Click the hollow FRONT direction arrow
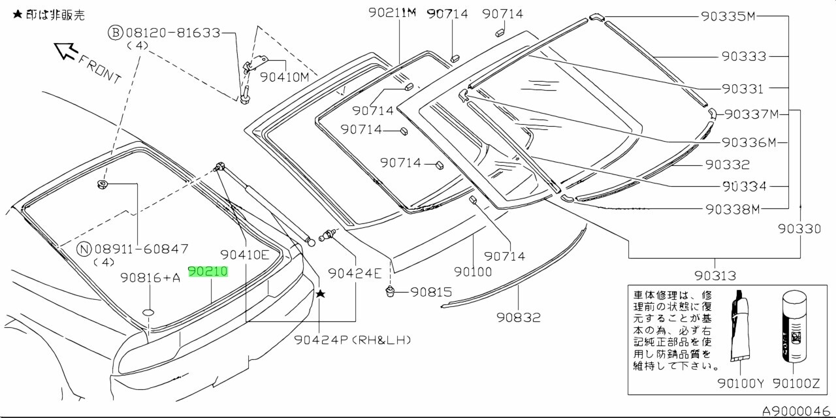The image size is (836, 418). pyautogui.click(x=66, y=50)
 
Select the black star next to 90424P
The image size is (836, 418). pyautogui.click(x=320, y=295)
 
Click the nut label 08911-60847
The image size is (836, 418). pyautogui.click(x=141, y=249)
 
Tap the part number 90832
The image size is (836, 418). pyautogui.click(x=518, y=317)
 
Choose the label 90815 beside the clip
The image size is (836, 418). pyautogui.click(x=431, y=292)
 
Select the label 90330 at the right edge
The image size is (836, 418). pyautogui.click(x=799, y=229)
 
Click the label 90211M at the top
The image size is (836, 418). pyautogui.click(x=392, y=12)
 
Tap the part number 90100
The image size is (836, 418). pyautogui.click(x=473, y=271)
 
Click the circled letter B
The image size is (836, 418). pyautogui.click(x=115, y=32)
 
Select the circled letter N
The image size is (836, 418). pyautogui.click(x=84, y=249)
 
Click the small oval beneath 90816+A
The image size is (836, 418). pyautogui.click(x=149, y=312)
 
